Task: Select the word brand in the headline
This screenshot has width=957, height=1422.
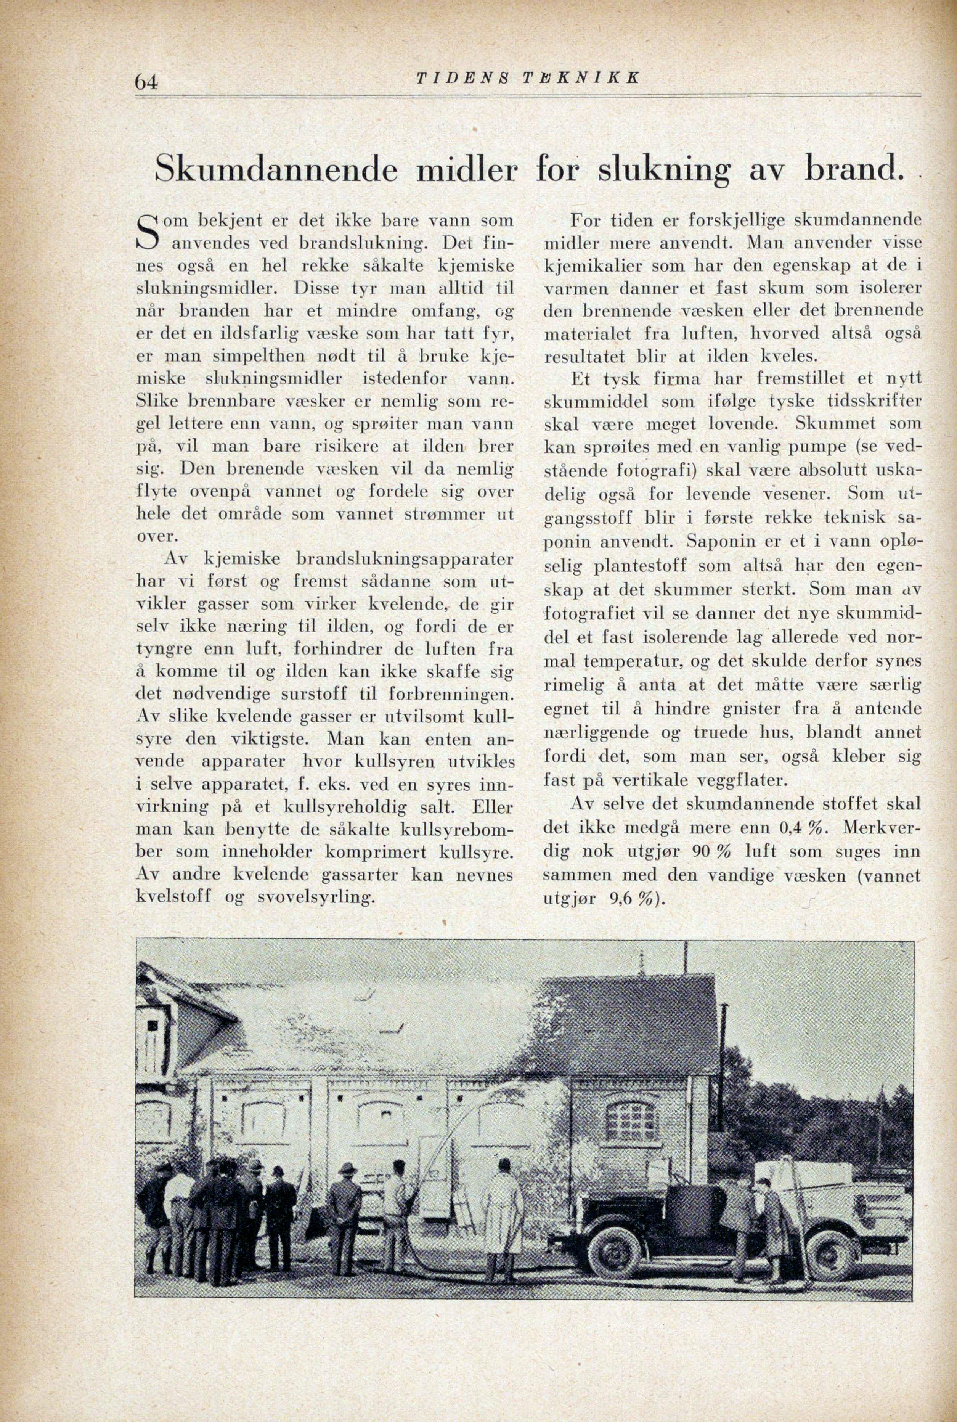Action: (x=852, y=169)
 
